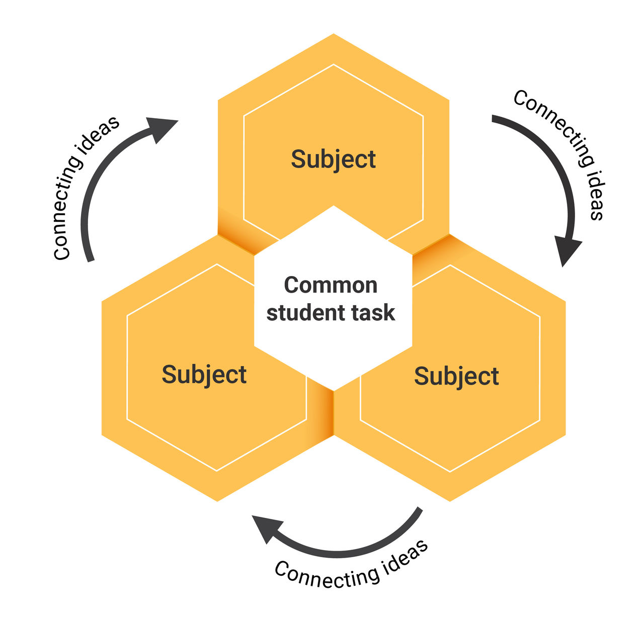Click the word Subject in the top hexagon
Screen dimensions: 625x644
(333, 160)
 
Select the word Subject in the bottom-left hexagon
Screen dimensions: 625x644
(204, 375)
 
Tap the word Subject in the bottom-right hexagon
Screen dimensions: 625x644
(456, 377)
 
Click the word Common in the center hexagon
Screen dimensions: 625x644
(331, 285)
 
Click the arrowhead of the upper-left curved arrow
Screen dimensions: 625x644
(162, 128)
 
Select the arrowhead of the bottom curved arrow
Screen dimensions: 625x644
(267, 528)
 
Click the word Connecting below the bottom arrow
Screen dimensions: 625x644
(327, 575)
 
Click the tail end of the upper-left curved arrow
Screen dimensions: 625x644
(90, 259)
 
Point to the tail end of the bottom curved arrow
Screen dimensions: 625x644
(419, 510)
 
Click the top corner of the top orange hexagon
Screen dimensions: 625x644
(333, 35)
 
